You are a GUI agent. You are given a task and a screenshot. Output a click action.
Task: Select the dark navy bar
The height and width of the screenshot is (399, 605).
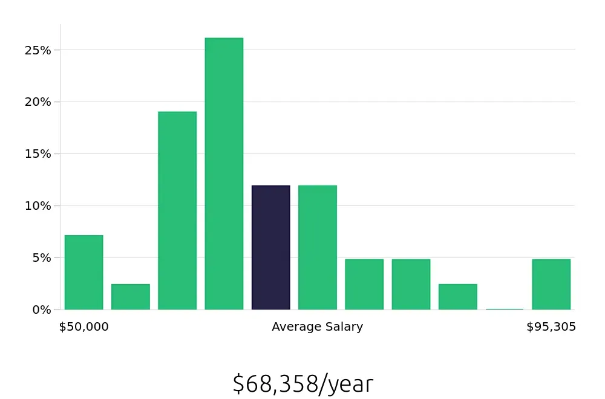tap(270, 248)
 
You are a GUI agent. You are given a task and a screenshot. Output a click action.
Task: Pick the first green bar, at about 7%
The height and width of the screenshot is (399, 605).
tap(83, 273)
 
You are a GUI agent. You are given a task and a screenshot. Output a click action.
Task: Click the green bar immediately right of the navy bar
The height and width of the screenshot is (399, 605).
tap(318, 248)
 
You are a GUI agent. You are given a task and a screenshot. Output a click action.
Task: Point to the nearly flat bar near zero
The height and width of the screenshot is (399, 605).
tap(505, 309)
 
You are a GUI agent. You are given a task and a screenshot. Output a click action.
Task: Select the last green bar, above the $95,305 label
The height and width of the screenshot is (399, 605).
tap(551, 284)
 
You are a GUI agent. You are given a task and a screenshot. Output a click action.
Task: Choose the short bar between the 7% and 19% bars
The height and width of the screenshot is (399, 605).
tap(130, 297)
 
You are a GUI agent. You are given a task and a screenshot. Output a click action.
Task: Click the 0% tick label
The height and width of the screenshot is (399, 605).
tap(42, 310)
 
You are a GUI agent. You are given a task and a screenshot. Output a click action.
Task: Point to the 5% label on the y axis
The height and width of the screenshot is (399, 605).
tap(42, 258)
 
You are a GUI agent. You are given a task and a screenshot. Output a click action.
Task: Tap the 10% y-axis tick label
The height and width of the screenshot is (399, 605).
tap(39, 206)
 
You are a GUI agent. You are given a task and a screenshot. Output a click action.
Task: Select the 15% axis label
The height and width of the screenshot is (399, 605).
tap(39, 154)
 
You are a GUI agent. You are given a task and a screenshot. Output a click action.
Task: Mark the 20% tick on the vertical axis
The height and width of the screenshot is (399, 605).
tap(39, 102)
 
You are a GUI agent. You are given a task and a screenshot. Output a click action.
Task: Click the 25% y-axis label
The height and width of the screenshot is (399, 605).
tap(39, 51)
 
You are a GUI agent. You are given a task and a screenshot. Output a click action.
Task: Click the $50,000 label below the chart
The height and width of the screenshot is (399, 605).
tap(83, 327)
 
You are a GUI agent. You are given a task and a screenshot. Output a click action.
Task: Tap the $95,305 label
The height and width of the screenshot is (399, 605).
tap(551, 327)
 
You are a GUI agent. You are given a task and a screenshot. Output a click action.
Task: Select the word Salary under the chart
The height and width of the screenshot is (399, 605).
tap(344, 327)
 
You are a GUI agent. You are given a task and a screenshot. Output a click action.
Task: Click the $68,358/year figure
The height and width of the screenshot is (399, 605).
tap(302, 384)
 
